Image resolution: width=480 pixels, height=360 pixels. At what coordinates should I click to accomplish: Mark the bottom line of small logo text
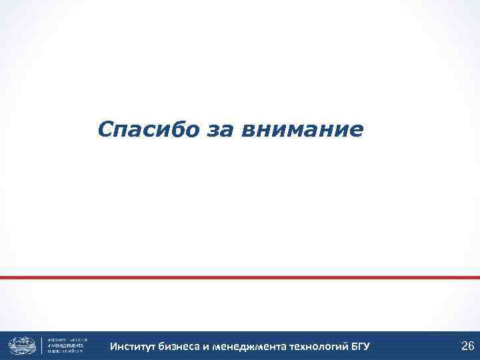click(66, 352)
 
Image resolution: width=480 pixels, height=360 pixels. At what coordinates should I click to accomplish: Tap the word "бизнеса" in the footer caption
click(181, 347)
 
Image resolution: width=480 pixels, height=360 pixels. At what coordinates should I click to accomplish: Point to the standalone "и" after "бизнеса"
click(206, 347)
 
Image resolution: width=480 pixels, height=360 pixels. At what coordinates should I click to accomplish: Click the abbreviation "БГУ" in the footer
click(359, 347)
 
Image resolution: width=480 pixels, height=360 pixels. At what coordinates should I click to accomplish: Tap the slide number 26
click(467, 345)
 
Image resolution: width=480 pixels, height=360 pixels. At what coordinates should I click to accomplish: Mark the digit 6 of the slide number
click(471, 345)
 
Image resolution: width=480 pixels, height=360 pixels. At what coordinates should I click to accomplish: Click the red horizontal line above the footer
click(240, 277)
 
